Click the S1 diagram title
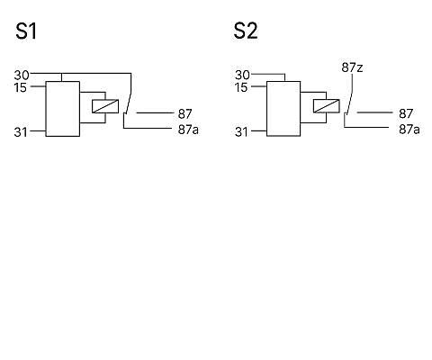coord(26,31)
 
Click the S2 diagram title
coord(246,31)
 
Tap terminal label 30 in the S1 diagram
coord(22,76)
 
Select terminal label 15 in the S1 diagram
coord(21,88)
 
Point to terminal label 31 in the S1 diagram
coord(21,132)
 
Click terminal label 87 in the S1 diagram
coord(184,114)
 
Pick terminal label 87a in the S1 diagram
coord(188,130)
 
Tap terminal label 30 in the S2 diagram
coord(242,75)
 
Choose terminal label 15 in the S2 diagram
coord(241,87)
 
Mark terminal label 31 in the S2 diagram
coord(241,132)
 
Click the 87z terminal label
coord(352,67)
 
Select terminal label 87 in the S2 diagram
coord(406,113)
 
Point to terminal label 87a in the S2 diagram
coord(409,130)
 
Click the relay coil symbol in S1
coord(105,106)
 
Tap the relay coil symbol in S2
coord(327,106)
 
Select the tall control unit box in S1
coord(63,109)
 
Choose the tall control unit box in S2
coord(283,109)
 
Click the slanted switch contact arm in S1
coord(129,102)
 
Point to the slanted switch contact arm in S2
coord(349,102)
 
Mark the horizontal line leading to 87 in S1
coord(154,112)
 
